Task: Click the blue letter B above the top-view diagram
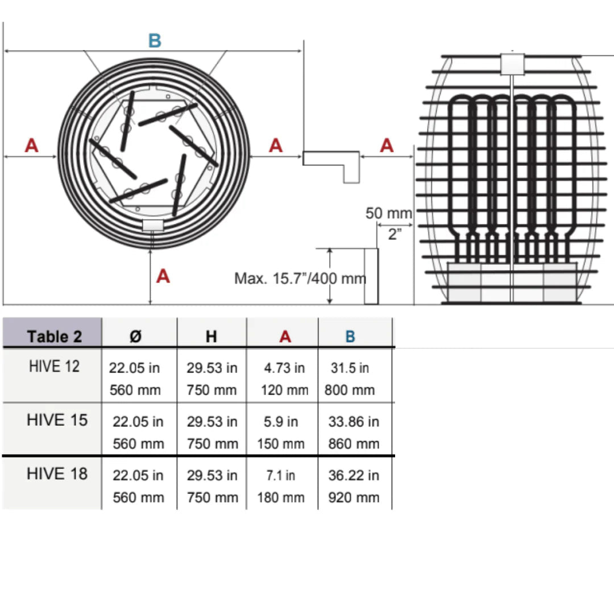click(x=155, y=41)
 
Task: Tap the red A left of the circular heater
click(x=32, y=146)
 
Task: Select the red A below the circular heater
click(x=163, y=276)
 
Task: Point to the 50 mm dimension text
click(x=388, y=213)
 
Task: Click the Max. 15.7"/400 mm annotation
click(x=300, y=279)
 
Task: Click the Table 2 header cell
click(x=55, y=337)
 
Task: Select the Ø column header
click(x=135, y=337)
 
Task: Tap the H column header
click(x=211, y=337)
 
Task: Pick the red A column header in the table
click(x=285, y=337)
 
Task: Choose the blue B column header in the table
click(x=350, y=337)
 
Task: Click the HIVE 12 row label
click(x=54, y=367)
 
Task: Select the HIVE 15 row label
click(x=57, y=420)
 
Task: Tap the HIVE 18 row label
click(x=57, y=474)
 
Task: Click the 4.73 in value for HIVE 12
click(x=284, y=368)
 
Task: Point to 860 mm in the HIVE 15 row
click(x=354, y=443)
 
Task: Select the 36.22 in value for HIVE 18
click(x=354, y=475)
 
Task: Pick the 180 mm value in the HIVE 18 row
click(x=281, y=497)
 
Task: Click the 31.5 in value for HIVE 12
click(x=350, y=368)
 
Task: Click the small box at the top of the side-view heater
click(x=513, y=64)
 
